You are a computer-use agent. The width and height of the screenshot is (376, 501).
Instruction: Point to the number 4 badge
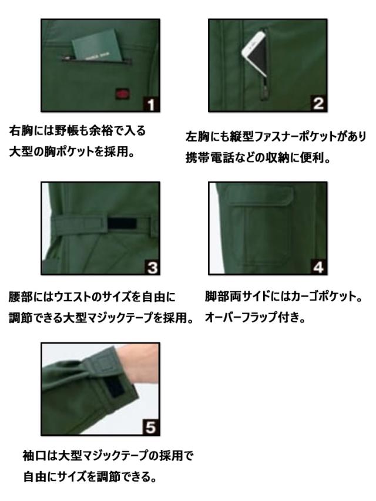[x=318, y=268]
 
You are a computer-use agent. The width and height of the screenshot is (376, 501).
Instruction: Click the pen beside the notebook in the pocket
[x=67, y=58]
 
